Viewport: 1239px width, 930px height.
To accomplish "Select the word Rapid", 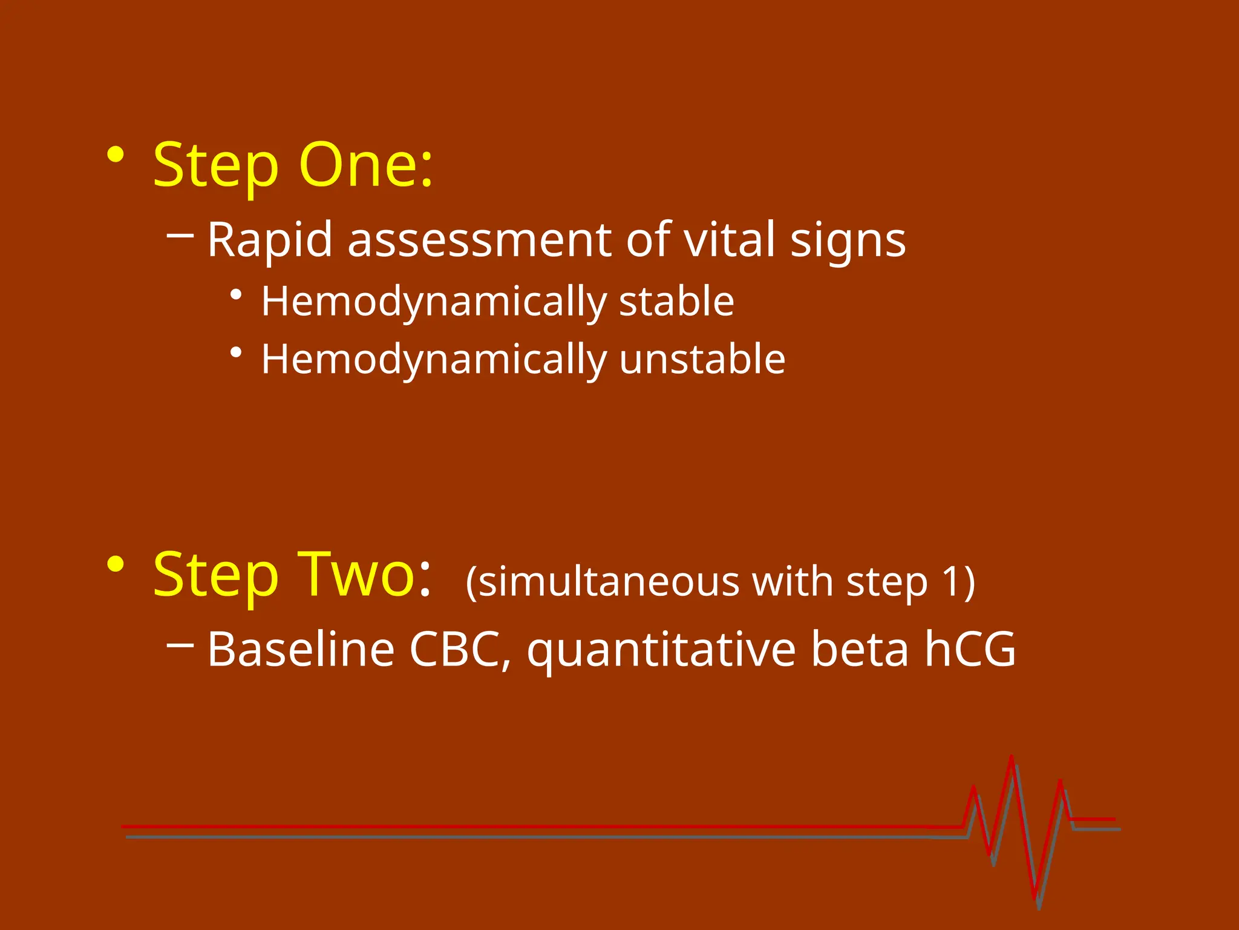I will point(270,240).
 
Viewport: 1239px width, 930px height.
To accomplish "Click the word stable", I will point(676,301).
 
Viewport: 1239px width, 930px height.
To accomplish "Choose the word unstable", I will point(702,359).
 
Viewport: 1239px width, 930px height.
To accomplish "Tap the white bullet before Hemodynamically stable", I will point(237,295).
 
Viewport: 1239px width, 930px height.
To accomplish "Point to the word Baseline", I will point(301,649).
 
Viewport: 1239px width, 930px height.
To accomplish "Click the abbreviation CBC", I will point(458,649).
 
